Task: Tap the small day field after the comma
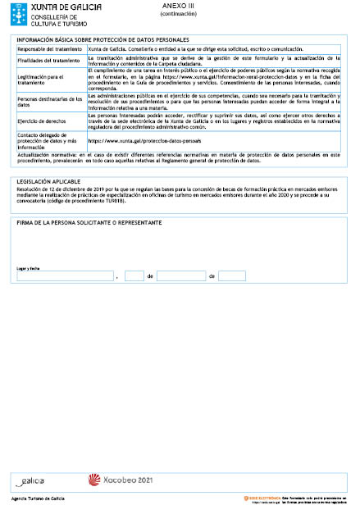(134, 276)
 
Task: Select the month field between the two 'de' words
(180, 276)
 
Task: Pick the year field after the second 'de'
(232, 276)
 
